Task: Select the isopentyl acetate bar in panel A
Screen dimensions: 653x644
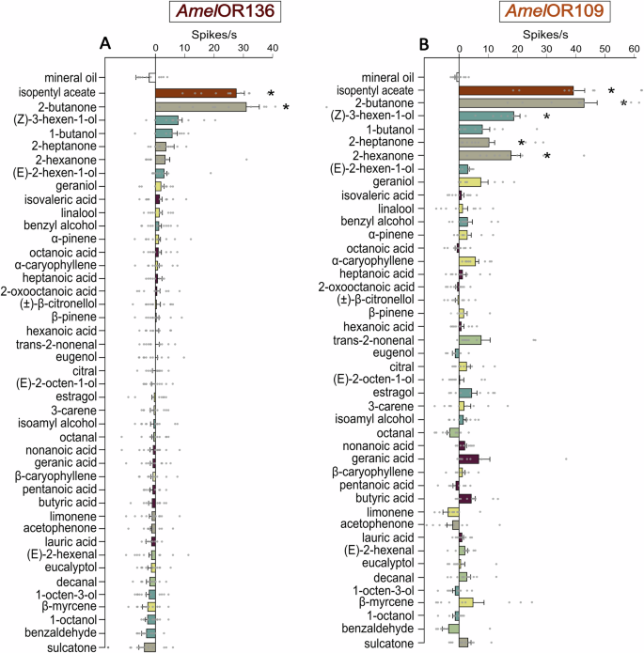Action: click(196, 93)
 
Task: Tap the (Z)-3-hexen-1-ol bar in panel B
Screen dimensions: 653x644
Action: click(486, 116)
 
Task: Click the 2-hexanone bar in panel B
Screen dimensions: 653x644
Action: click(484, 155)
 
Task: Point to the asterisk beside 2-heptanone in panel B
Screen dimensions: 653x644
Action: click(547, 143)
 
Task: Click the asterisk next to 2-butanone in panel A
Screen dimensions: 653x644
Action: click(286, 107)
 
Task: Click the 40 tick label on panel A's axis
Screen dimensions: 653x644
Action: click(273, 47)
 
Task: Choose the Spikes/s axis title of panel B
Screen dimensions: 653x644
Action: click(550, 32)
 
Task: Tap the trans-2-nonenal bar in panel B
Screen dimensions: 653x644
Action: click(469, 340)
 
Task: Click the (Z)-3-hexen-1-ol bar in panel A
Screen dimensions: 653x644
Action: click(166, 120)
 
